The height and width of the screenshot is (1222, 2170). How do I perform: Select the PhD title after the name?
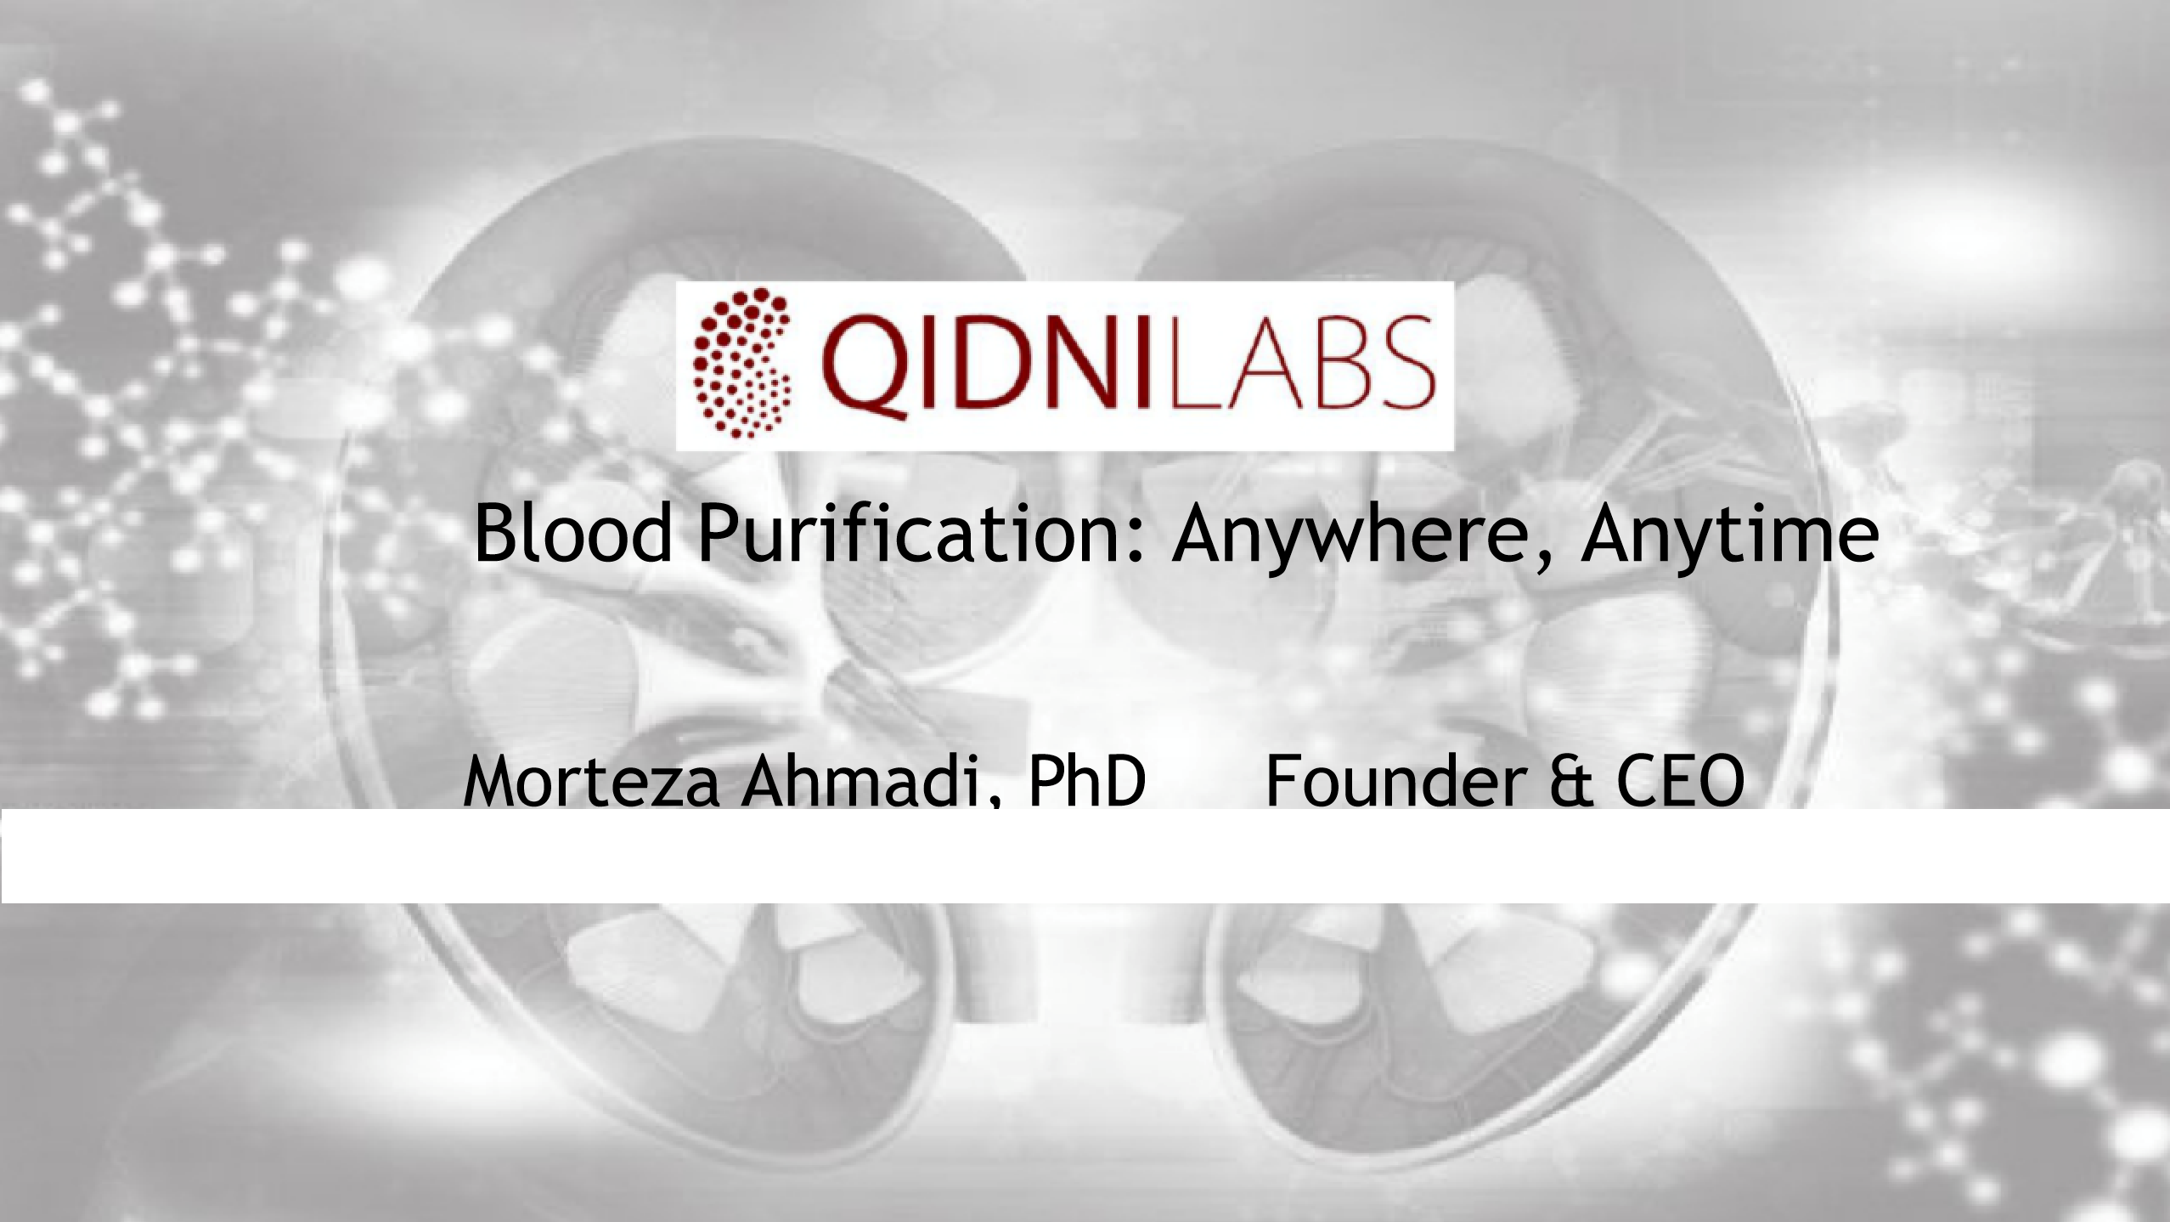click(1087, 782)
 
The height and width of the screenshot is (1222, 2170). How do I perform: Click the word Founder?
click(1393, 782)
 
